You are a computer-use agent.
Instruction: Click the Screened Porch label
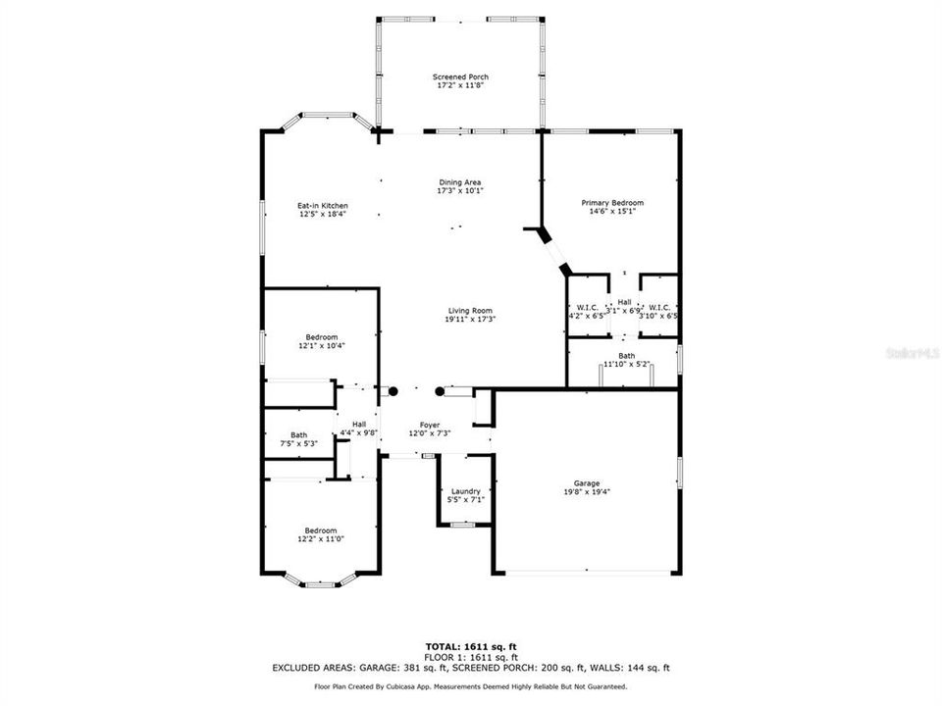[460, 76]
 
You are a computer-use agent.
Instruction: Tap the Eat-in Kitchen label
[323, 205]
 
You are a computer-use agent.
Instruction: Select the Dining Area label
[459, 181]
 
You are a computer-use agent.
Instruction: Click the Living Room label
[470, 310]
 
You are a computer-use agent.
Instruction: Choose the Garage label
[587, 482]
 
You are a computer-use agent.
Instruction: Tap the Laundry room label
[465, 490]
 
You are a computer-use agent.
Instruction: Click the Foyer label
[430, 424]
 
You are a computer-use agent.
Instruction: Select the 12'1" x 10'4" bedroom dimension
[322, 345]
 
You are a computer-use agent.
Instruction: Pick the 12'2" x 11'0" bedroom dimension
[321, 538]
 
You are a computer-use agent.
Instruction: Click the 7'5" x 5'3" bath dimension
[298, 443]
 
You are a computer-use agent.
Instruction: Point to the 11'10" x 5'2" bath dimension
[626, 364]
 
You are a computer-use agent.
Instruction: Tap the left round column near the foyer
[392, 391]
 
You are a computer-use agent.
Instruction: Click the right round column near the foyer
[440, 391]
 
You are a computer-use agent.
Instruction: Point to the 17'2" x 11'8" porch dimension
[460, 85]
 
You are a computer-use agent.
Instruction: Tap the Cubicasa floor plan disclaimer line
[470, 686]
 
